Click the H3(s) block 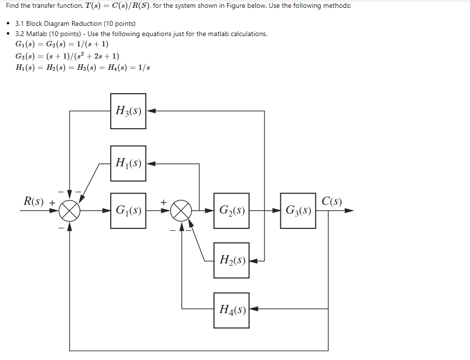click(128, 111)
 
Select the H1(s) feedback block click(128, 163)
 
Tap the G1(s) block click(128, 211)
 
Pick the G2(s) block click(231, 211)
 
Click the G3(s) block click(298, 211)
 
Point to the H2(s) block click(231, 260)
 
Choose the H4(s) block click(231, 309)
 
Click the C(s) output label click(332, 200)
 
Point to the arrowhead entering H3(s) click(151, 111)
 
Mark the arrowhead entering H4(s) click(254, 309)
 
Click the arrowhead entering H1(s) click(151, 163)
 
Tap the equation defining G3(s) click(67, 56)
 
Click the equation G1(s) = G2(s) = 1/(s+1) click(62, 44)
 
